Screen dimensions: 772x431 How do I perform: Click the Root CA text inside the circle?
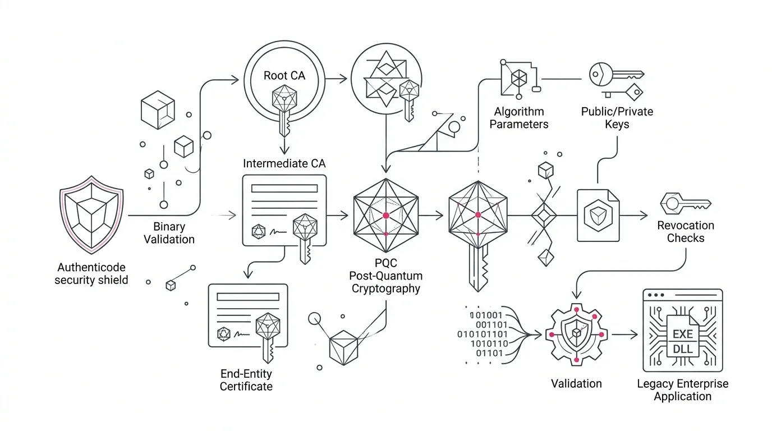tap(284, 76)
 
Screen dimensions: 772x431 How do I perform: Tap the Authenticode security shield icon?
tap(91, 215)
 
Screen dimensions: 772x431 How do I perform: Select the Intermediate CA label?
tap(284, 163)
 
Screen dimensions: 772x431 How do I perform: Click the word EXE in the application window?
tap(683, 334)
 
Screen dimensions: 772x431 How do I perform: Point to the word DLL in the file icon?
tap(683, 349)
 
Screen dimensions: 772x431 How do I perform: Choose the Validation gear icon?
tap(577, 334)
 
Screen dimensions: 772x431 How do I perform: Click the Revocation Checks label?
tap(686, 232)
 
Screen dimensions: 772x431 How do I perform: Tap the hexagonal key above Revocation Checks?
tap(686, 204)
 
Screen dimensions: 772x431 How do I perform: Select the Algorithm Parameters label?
tap(519, 118)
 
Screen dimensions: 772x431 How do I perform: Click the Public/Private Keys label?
tap(617, 118)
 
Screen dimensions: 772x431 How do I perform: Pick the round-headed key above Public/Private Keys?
tap(617, 74)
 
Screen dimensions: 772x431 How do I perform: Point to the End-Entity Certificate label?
tap(246, 380)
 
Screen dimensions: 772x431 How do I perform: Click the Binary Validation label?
tap(169, 233)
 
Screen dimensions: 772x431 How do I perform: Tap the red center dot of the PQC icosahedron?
tap(386, 215)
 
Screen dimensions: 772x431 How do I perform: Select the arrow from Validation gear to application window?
tap(625, 334)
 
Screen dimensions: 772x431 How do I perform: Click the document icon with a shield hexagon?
tap(598, 215)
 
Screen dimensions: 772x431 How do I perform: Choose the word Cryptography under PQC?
tap(385, 289)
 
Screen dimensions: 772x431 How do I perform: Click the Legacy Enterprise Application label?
tap(683, 390)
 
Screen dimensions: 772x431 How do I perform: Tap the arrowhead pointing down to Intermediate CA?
tap(284, 150)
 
